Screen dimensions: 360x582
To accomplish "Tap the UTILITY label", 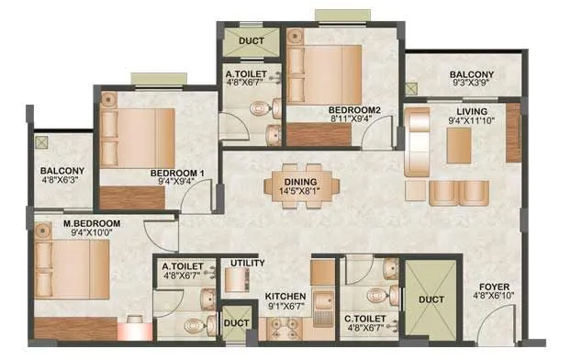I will click(x=248, y=264).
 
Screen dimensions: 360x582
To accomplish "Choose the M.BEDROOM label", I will click(x=68, y=223).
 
